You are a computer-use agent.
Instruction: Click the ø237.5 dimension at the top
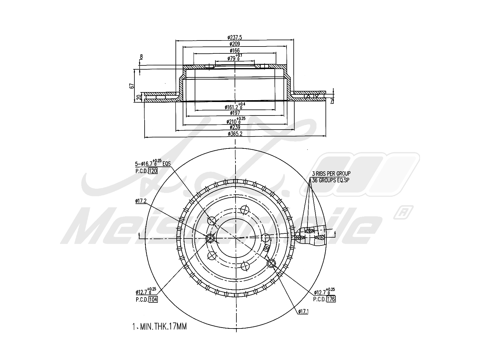coord(235,37)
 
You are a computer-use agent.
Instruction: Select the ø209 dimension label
coord(235,44)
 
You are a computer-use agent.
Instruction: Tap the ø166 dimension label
coord(235,50)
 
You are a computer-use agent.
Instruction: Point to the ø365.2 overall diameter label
coord(235,134)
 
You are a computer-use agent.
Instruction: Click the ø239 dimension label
coord(235,127)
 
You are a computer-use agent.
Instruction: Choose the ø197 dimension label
coord(235,113)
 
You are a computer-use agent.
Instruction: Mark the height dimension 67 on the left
coord(131,86)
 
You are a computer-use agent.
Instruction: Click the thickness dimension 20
coord(138,97)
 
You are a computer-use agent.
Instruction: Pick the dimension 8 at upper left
coord(141,56)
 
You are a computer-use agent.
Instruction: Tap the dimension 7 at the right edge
coord(331,101)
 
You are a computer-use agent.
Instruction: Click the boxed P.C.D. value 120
coord(153,171)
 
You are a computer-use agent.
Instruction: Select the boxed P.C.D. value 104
coord(153,299)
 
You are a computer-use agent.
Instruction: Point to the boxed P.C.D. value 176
coord(331,299)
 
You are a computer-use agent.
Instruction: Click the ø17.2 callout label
coord(141,201)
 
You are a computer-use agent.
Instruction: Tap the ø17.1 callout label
coord(303,312)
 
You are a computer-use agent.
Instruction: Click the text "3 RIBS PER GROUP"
coord(331,173)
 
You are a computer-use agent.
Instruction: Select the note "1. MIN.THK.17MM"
coord(159,326)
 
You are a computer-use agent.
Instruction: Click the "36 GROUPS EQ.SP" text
coord(331,180)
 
